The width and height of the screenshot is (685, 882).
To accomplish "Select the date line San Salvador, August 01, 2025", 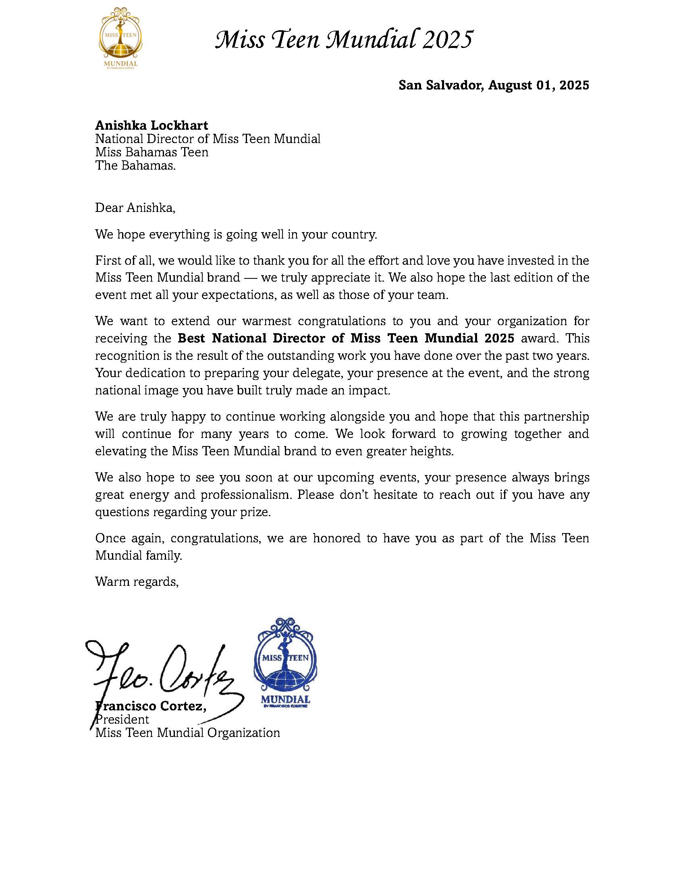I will (494, 85).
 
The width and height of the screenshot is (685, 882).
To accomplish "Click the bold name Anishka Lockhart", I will (152, 125).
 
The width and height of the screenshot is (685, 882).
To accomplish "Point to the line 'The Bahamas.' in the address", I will (135, 166).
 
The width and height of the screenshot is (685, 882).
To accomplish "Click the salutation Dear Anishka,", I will (135, 208).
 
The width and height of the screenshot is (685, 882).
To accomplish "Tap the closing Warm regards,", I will (137, 581).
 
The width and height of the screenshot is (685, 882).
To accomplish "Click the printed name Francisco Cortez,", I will (151, 706).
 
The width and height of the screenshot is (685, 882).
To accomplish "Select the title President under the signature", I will (122, 719).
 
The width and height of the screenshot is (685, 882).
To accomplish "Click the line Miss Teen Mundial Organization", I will (187, 733).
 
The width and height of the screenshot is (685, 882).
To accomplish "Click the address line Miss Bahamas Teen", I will (152, 152).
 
